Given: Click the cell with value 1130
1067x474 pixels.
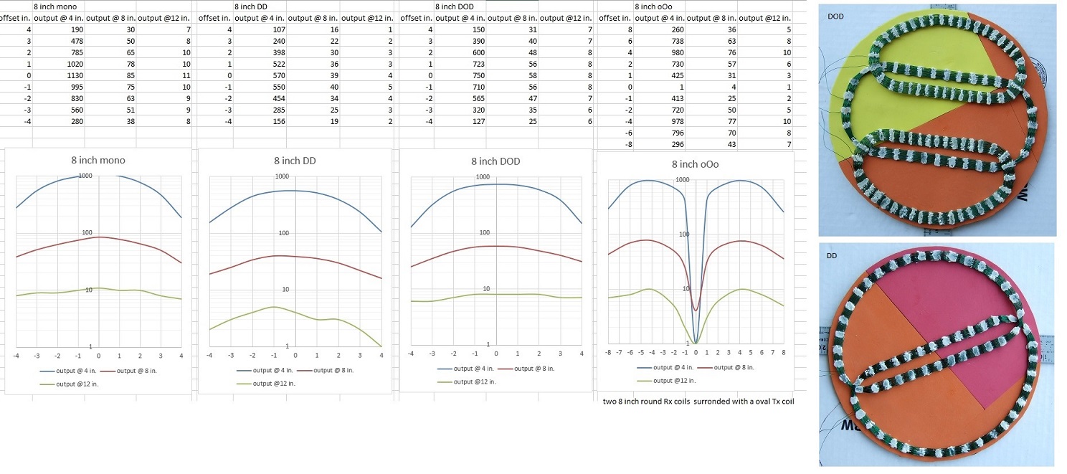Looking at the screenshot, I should pos(71,75).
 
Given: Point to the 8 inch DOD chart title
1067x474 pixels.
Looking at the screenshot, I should pos(495,161).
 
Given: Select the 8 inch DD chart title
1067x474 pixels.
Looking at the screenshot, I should pos(295,161).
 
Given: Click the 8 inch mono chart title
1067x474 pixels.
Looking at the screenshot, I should pos(99,160).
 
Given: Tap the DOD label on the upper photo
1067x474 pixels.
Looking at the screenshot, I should pos(835,16).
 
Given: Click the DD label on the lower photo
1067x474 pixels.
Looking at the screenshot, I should pos(833,255).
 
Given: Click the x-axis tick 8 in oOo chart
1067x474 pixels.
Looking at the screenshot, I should pos(784,353).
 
